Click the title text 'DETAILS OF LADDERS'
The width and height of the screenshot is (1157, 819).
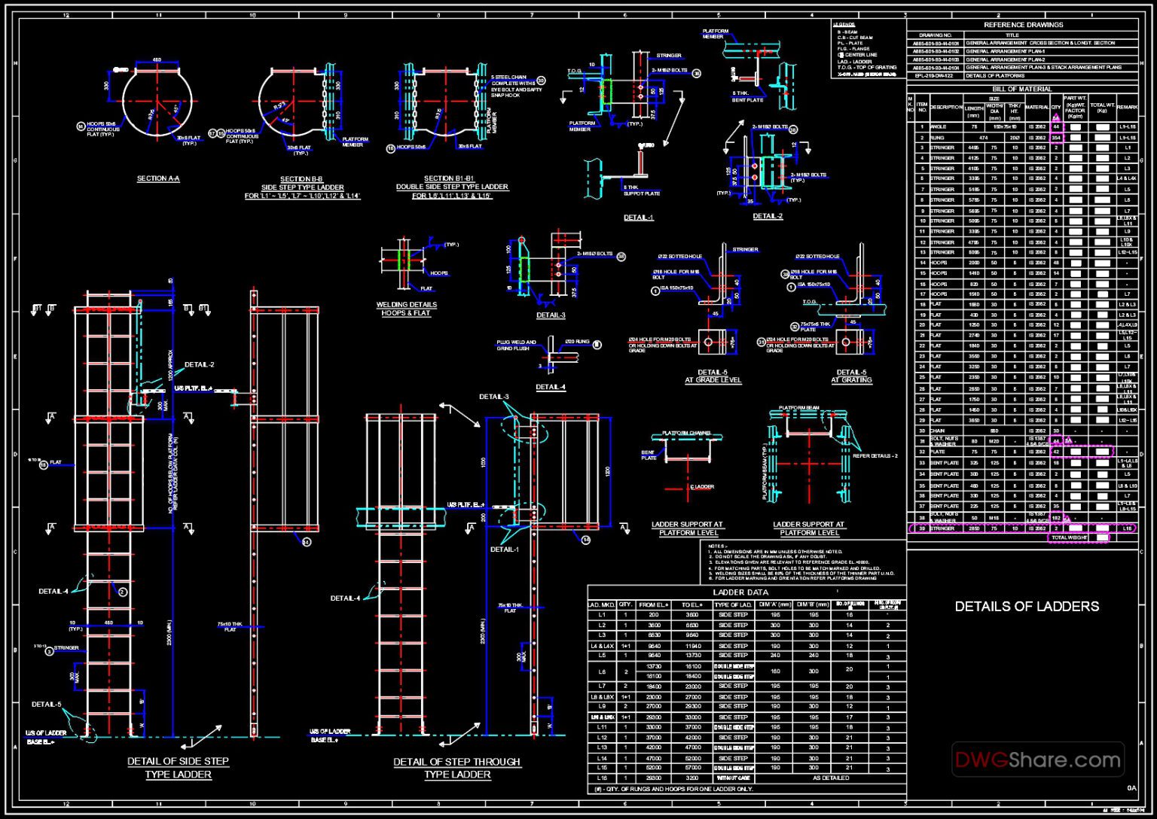(1026, 606)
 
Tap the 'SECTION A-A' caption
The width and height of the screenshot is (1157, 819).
(158, 178)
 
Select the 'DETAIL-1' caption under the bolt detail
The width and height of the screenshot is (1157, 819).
(639, 218)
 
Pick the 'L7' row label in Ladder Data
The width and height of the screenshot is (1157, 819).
(602, 686)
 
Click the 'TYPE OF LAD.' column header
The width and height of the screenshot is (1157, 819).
(733, 604)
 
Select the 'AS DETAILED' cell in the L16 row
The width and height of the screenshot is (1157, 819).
(830, 778)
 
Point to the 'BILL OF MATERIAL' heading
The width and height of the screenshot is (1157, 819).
(1022, 89)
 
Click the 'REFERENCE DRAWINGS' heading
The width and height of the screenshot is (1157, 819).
(1023, 25)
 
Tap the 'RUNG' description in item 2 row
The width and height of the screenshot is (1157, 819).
(937, 138)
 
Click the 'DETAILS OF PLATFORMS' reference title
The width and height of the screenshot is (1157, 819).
(994, 75)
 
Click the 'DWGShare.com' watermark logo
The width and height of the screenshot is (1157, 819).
(1037, 760)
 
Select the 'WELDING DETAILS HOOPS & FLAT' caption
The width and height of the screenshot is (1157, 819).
(407, 309)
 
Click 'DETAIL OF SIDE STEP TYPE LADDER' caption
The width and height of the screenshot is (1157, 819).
(178, 767)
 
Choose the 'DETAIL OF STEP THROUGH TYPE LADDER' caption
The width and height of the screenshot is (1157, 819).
(456, 768)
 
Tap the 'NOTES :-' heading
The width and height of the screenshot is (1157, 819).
(716, 545)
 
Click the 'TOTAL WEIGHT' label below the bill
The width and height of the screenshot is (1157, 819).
(1069, 537)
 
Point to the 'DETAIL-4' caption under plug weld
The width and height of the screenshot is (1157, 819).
(551, 387)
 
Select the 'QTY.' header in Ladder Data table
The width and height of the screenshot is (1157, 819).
(625, 604)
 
